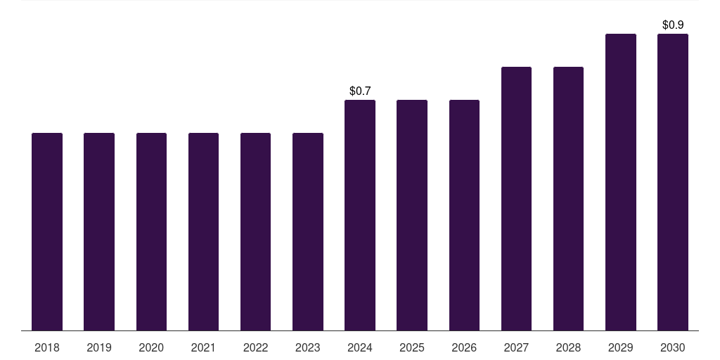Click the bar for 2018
click(47, 231)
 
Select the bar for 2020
click(151, 231)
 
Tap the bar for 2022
click(255, 231)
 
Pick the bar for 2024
click(360, 215)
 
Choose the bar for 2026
click(464, 215)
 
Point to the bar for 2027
click(516, 198)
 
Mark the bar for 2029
click(621, 182)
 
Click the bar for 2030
click(673, 182)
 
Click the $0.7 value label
click(360, 91)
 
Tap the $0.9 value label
click(673, 25)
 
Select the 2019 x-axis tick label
click(99, 347)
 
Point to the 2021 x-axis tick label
click(203, 347)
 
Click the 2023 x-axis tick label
click(308, 347)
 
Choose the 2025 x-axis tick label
click(412, 347)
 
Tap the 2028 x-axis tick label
click(568, 347)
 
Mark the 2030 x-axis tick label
click(673, 347)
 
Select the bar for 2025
click(412, 215)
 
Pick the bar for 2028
click(568, 198)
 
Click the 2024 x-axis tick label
click(360, 347)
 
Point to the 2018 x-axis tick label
click(47, 347)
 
